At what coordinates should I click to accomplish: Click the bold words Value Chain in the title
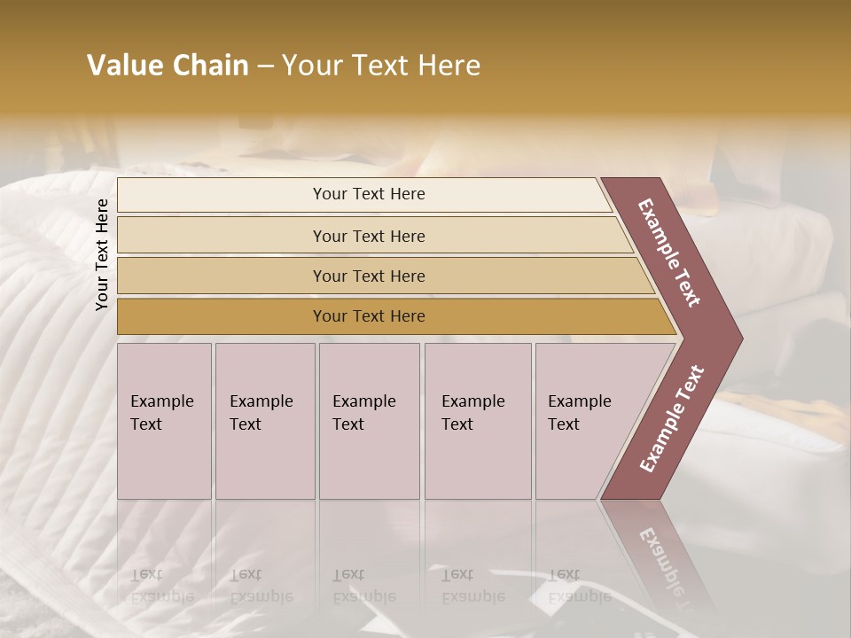coord(168,66)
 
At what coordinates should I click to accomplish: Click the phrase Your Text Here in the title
coord(381,66)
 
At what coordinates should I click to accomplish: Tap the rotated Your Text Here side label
coord(102,254)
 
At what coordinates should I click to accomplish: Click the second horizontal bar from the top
coord(368,236)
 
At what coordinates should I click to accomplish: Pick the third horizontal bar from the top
coord(368,276)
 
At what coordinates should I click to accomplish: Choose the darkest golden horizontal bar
coord(368,316)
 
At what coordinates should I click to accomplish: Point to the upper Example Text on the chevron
coord(670,252)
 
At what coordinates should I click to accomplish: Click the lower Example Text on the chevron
coord(672,419)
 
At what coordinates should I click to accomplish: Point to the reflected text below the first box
coord(161,586)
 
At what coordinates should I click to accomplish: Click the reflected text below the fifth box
coord(579,586)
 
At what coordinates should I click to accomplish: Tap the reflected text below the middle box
coord(363,586)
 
